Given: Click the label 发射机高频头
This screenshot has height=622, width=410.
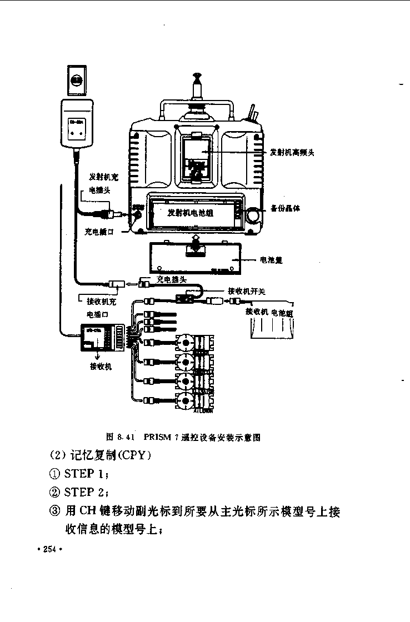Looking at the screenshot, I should click(292, 152).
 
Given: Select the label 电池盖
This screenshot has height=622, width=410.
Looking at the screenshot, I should click(271, 259).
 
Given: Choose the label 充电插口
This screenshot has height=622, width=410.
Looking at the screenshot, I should click(99, 232).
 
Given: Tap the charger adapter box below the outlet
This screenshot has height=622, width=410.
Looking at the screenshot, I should click(77, 124).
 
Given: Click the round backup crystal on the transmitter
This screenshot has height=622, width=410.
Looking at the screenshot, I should click(254, 214).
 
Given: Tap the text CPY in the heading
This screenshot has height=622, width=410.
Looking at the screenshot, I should click(132, 455).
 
